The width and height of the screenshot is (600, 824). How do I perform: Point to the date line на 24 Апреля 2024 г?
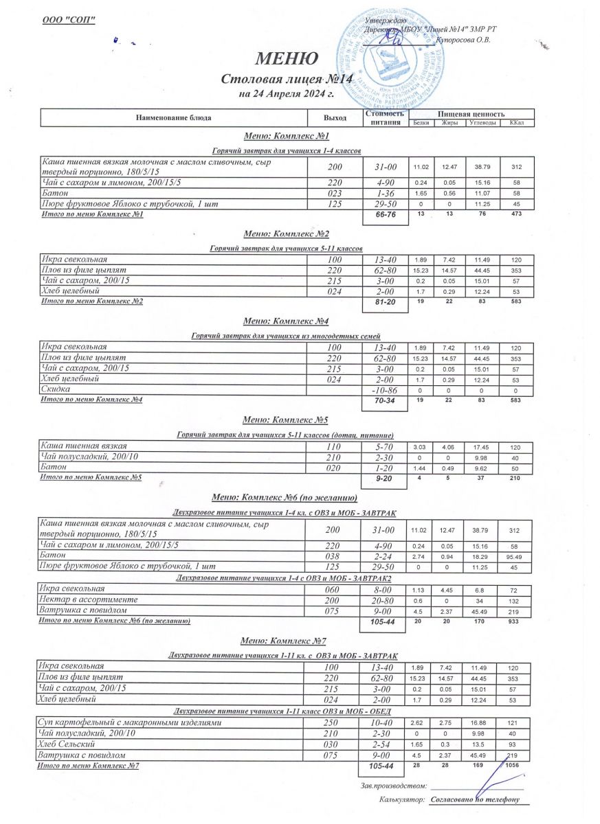pos(286,93)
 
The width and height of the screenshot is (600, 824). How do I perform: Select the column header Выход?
pos(335,118)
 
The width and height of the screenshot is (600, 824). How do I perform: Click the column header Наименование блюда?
pos(173,118)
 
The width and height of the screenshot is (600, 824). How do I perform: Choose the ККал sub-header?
pos(516,123)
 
